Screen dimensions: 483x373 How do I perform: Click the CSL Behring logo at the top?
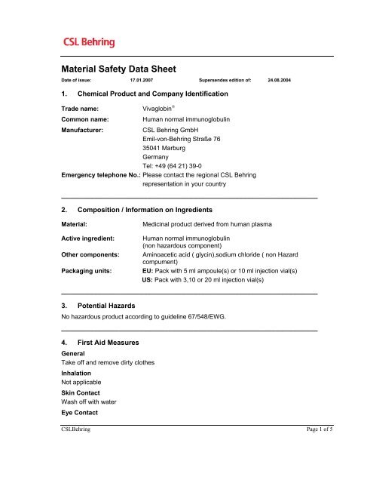pyautogui.click(x=85, y=39)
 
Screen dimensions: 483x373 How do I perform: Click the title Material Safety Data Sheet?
pyautogui.click(x=118, y=69)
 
